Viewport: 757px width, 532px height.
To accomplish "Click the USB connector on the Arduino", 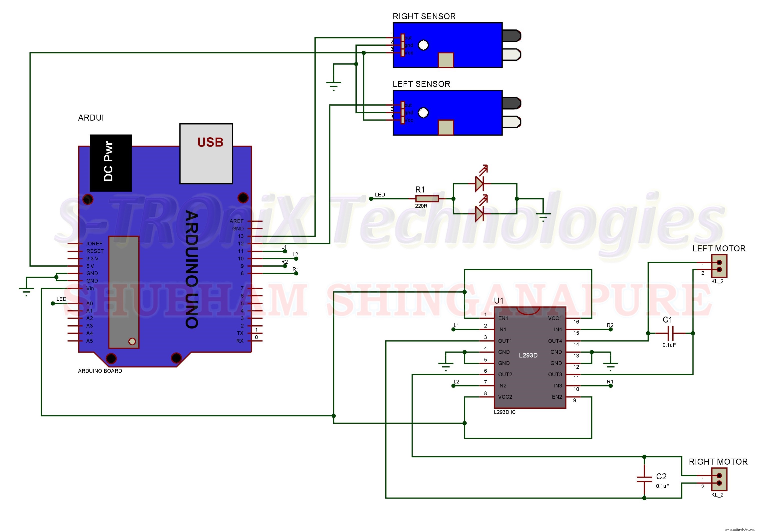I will tap(206, 154).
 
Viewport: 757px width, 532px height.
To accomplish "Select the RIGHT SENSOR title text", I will tap(424, 16).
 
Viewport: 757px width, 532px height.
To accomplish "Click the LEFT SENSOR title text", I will tap(421, 84).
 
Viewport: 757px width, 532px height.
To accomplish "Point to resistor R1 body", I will tap(427, 199).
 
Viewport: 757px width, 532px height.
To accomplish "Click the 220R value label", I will tap(421, 206).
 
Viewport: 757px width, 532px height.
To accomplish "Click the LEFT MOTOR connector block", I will tap(719, 266).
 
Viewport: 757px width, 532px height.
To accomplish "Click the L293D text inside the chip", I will tap(528, 355).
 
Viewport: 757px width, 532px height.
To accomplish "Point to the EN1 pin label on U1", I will tap(503, 318).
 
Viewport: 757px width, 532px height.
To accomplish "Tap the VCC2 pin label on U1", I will tap(505, 397).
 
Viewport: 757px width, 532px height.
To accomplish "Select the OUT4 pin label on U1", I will tap(555, 341).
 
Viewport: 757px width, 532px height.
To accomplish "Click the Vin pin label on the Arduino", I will tap(90, 288).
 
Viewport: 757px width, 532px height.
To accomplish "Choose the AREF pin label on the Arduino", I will tap(237, 221).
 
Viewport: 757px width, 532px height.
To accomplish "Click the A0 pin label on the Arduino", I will tap(89, 304).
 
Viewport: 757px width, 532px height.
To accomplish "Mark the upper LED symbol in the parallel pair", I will tap(479, 183).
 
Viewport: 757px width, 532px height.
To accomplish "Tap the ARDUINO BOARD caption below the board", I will tap(100, 371).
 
